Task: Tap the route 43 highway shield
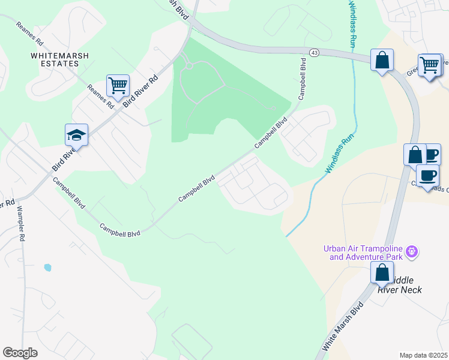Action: point(314,53)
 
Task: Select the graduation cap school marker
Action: point(77,134)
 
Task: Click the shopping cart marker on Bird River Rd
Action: point(118,85)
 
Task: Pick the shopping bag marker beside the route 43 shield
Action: point(382,60)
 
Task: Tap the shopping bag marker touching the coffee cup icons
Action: point(415,155)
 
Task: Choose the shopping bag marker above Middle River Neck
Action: point(382,272)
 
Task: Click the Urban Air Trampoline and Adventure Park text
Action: point(363,253)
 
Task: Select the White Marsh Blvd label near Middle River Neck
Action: point(343,326)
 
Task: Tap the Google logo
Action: point(20,353)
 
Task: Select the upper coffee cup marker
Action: point(431,154)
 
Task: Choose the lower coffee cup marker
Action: point(427,175)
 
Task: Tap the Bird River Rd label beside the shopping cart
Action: point(140,91)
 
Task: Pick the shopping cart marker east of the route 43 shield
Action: point(429,64)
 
